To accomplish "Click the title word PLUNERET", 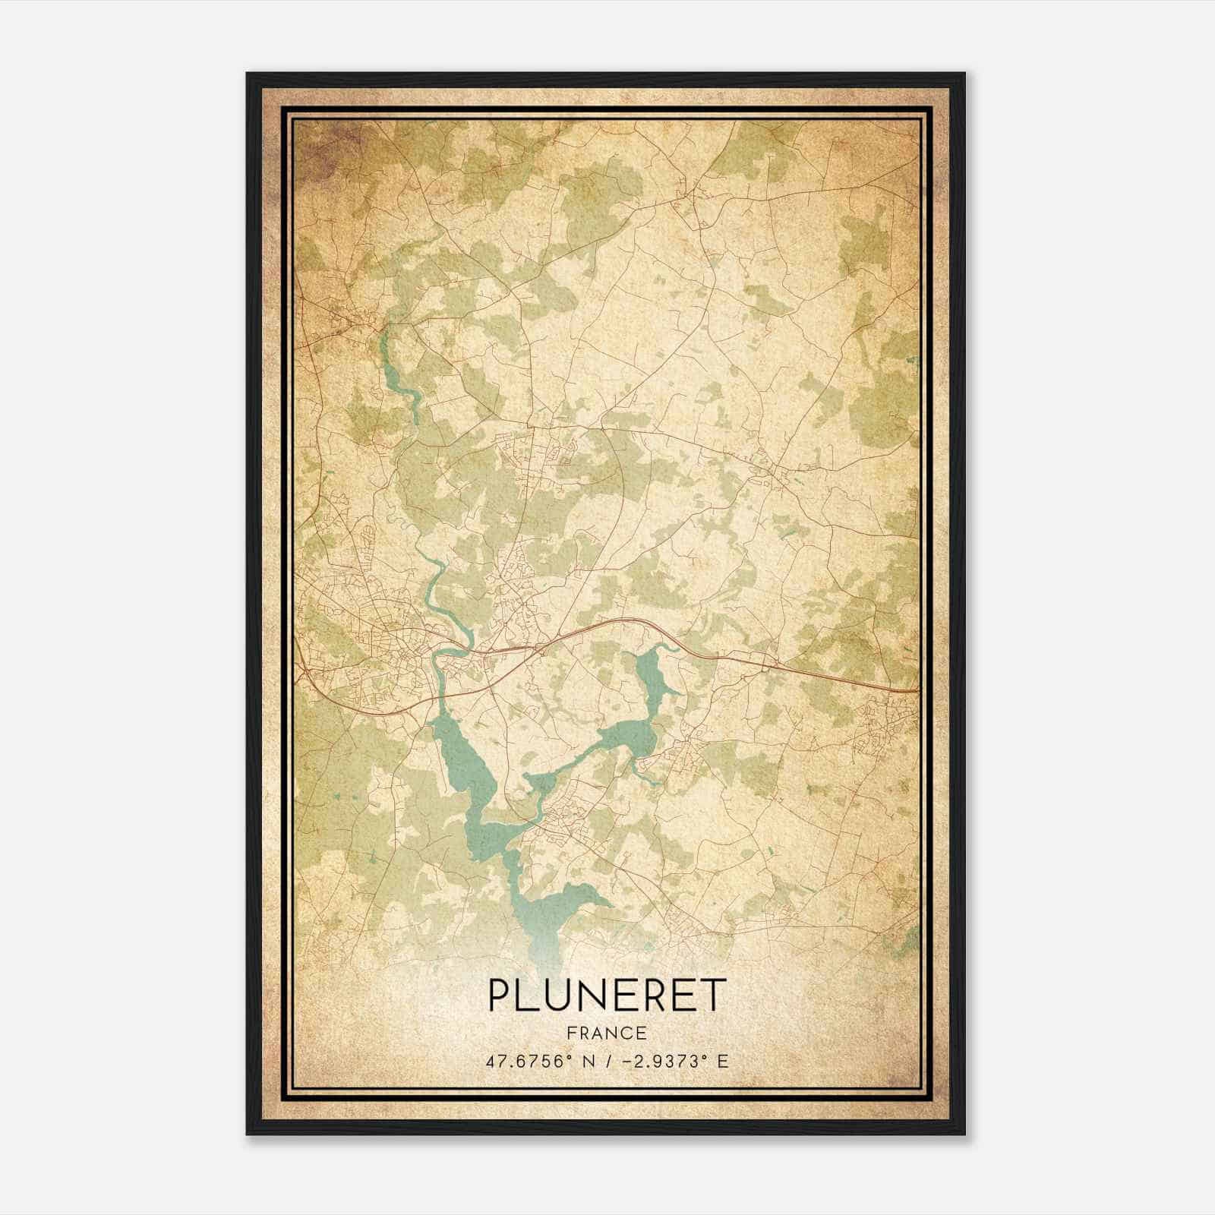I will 606,995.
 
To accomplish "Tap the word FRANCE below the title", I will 606,1033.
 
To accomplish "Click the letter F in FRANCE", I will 571,1033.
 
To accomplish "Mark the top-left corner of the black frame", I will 248,74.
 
